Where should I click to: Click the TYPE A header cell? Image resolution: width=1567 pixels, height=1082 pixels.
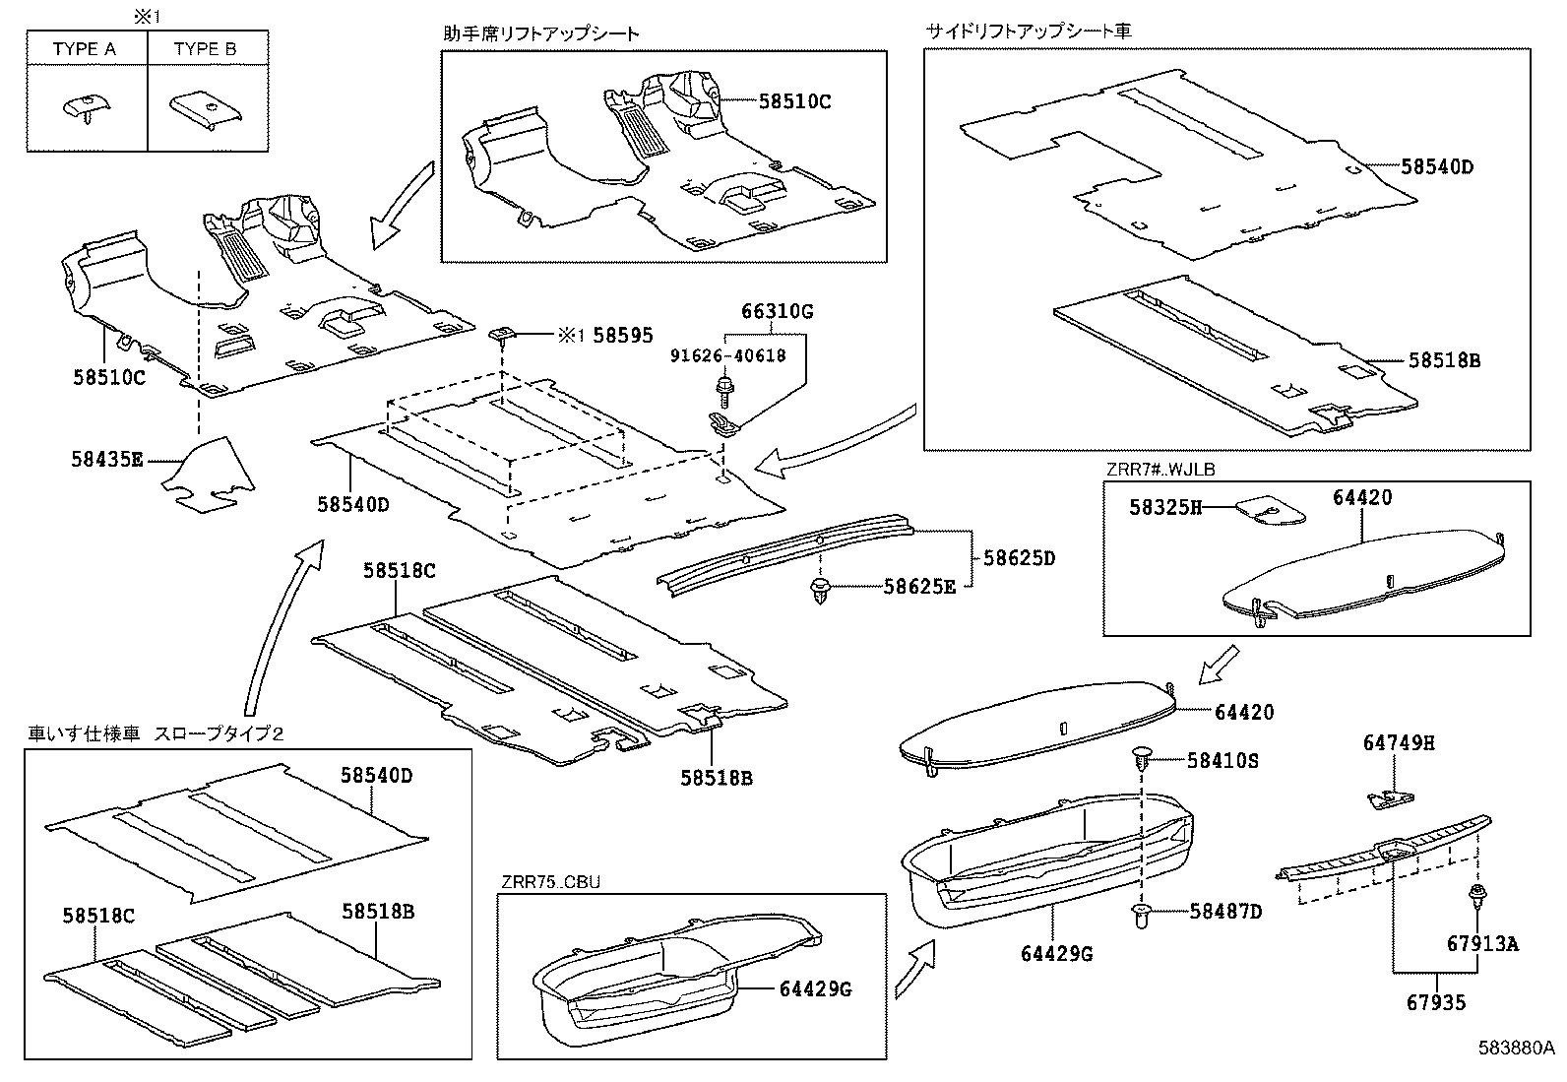(86, 48)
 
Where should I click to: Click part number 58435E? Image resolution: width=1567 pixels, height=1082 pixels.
(107, 459)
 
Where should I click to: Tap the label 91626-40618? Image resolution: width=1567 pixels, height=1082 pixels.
(729, 355)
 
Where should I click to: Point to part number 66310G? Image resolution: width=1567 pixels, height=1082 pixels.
(777, 312)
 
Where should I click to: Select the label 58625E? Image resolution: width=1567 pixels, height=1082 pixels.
(919, 587)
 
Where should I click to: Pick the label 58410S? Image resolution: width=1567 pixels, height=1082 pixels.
(1222, 760)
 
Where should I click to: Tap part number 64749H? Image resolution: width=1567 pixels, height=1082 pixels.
(1399, 742)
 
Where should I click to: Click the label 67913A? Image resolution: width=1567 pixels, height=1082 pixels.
(1482, 944)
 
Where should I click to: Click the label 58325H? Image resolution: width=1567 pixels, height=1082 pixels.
(1165, 507)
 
